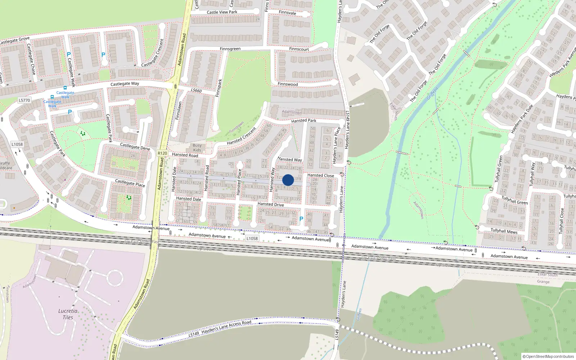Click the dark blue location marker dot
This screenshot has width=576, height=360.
288,180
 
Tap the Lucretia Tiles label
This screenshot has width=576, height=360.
68,314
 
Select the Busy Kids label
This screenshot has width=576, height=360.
197,148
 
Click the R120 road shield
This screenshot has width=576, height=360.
162,153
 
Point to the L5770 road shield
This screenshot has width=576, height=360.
24,100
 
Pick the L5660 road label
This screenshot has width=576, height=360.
196,90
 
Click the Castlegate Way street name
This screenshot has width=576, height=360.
125,84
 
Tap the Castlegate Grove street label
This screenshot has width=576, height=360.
14,40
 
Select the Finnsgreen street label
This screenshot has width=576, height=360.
230,49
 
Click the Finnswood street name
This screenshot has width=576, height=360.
288,84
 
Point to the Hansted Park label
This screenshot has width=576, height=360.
303,121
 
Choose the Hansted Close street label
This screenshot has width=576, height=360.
320,175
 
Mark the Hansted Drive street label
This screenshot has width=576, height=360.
270,204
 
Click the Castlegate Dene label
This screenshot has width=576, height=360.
135,147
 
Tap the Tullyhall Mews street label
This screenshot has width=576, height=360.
504,231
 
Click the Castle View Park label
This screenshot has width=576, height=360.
222,12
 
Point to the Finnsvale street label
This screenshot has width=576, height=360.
287,13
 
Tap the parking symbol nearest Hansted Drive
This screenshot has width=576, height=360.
301,219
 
